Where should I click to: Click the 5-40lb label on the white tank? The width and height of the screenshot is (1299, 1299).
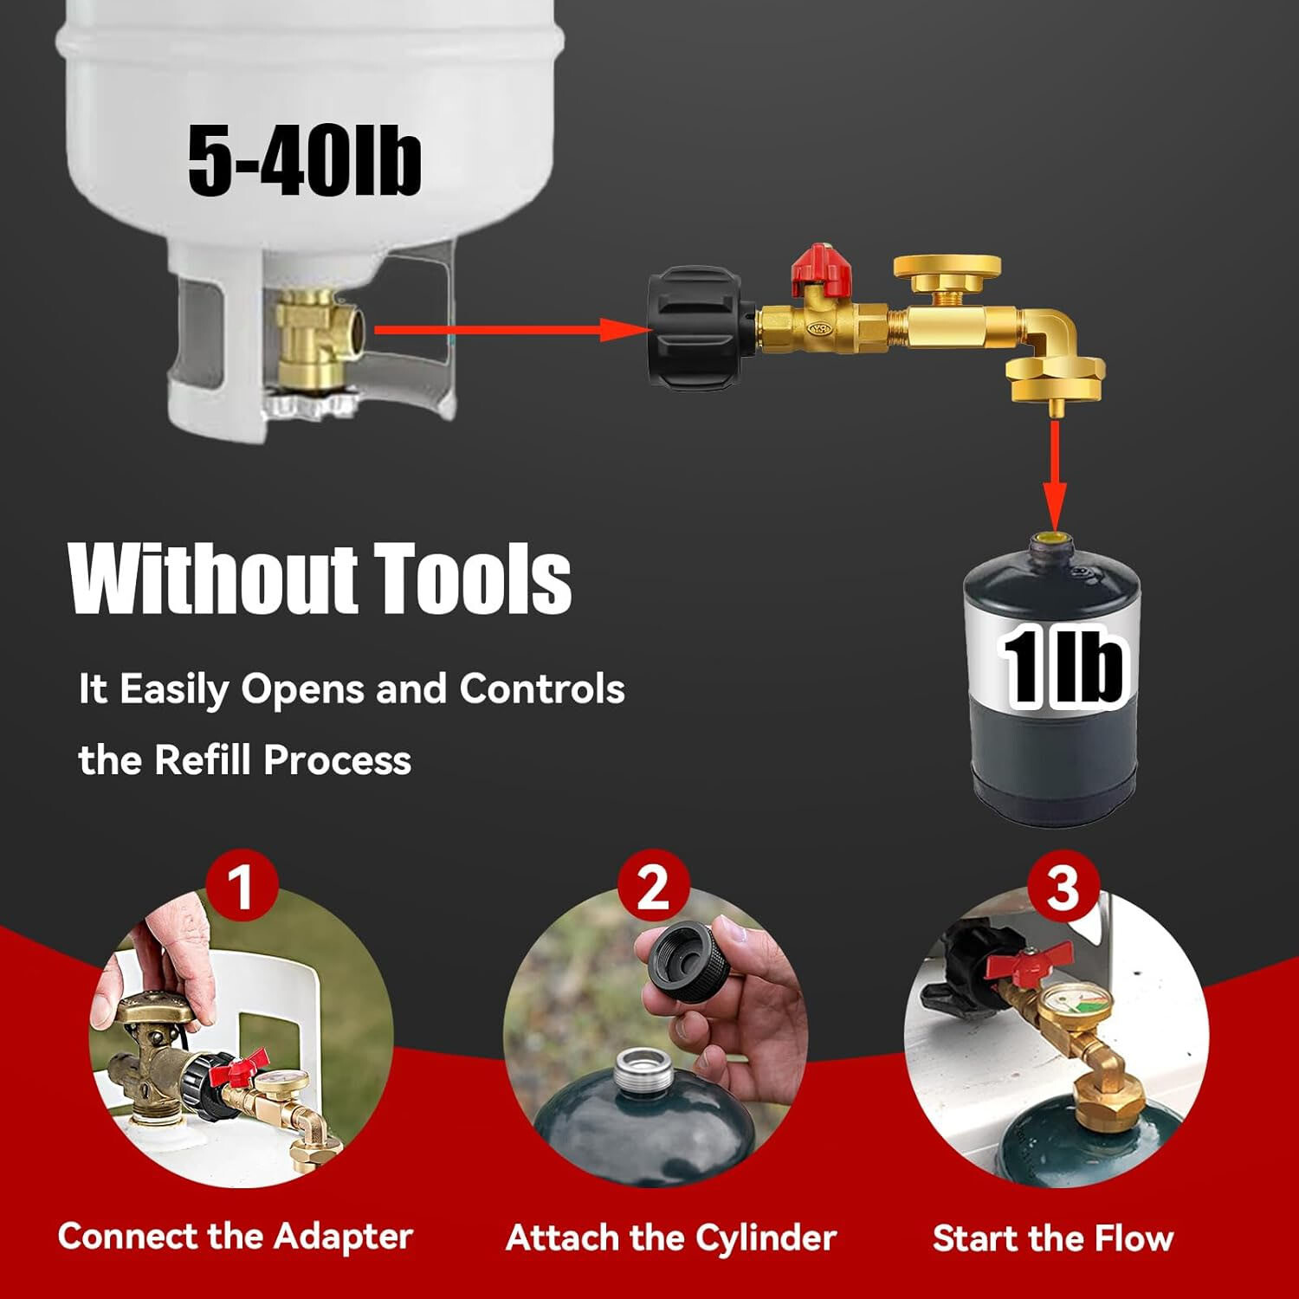tap(304, 161)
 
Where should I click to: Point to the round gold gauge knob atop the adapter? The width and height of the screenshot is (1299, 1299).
tap(947, 268)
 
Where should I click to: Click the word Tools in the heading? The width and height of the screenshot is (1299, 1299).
tap(473, 578)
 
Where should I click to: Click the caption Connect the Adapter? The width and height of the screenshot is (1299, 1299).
tap(235, 1236)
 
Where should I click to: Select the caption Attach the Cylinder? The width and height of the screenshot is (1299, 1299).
tap(671, 1238)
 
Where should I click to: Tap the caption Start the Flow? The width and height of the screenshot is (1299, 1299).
tap(1053, 1238)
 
